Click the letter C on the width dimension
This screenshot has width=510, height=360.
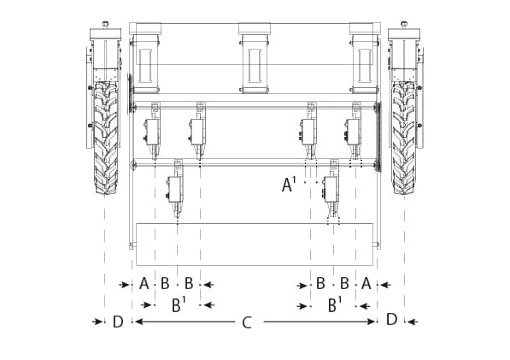pos(247,323)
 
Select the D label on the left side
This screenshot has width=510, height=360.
pos(118,322)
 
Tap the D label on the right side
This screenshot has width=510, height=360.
pos(391,319)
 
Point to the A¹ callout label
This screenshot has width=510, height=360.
pos(289,184)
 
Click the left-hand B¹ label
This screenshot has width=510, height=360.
pos(179,305)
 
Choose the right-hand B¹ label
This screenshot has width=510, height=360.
pos(335,305)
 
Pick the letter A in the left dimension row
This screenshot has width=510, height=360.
pos(144,284)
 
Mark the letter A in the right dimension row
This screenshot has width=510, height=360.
pos(366,284)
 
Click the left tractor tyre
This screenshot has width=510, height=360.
pos(106,138)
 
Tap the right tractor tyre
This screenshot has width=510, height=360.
pos(403,138)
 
